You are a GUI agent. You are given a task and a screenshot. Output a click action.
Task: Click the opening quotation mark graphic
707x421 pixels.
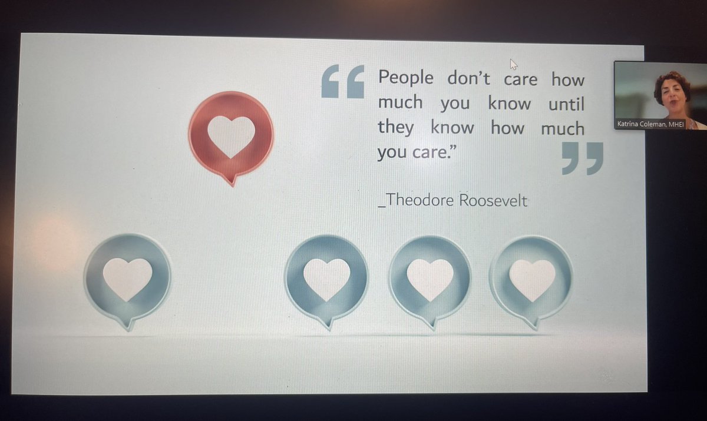click(343, 82)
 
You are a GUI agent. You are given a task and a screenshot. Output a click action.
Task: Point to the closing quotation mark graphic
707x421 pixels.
click(582, 158)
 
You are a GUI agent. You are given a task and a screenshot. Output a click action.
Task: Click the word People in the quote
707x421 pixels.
click(405, 78)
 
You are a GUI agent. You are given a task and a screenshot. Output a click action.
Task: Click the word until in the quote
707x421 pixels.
click(566, 104)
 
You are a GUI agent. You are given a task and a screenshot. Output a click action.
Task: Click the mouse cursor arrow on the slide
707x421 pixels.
click(513, 64)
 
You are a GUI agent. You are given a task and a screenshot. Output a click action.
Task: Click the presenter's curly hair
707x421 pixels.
click(672, 79)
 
